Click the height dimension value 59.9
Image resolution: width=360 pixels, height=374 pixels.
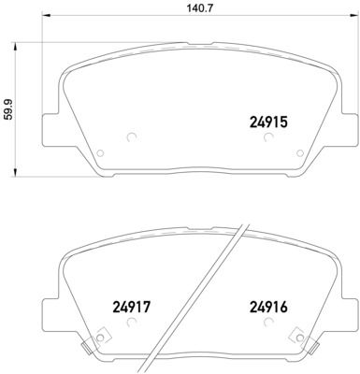click(x=8, y=110)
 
